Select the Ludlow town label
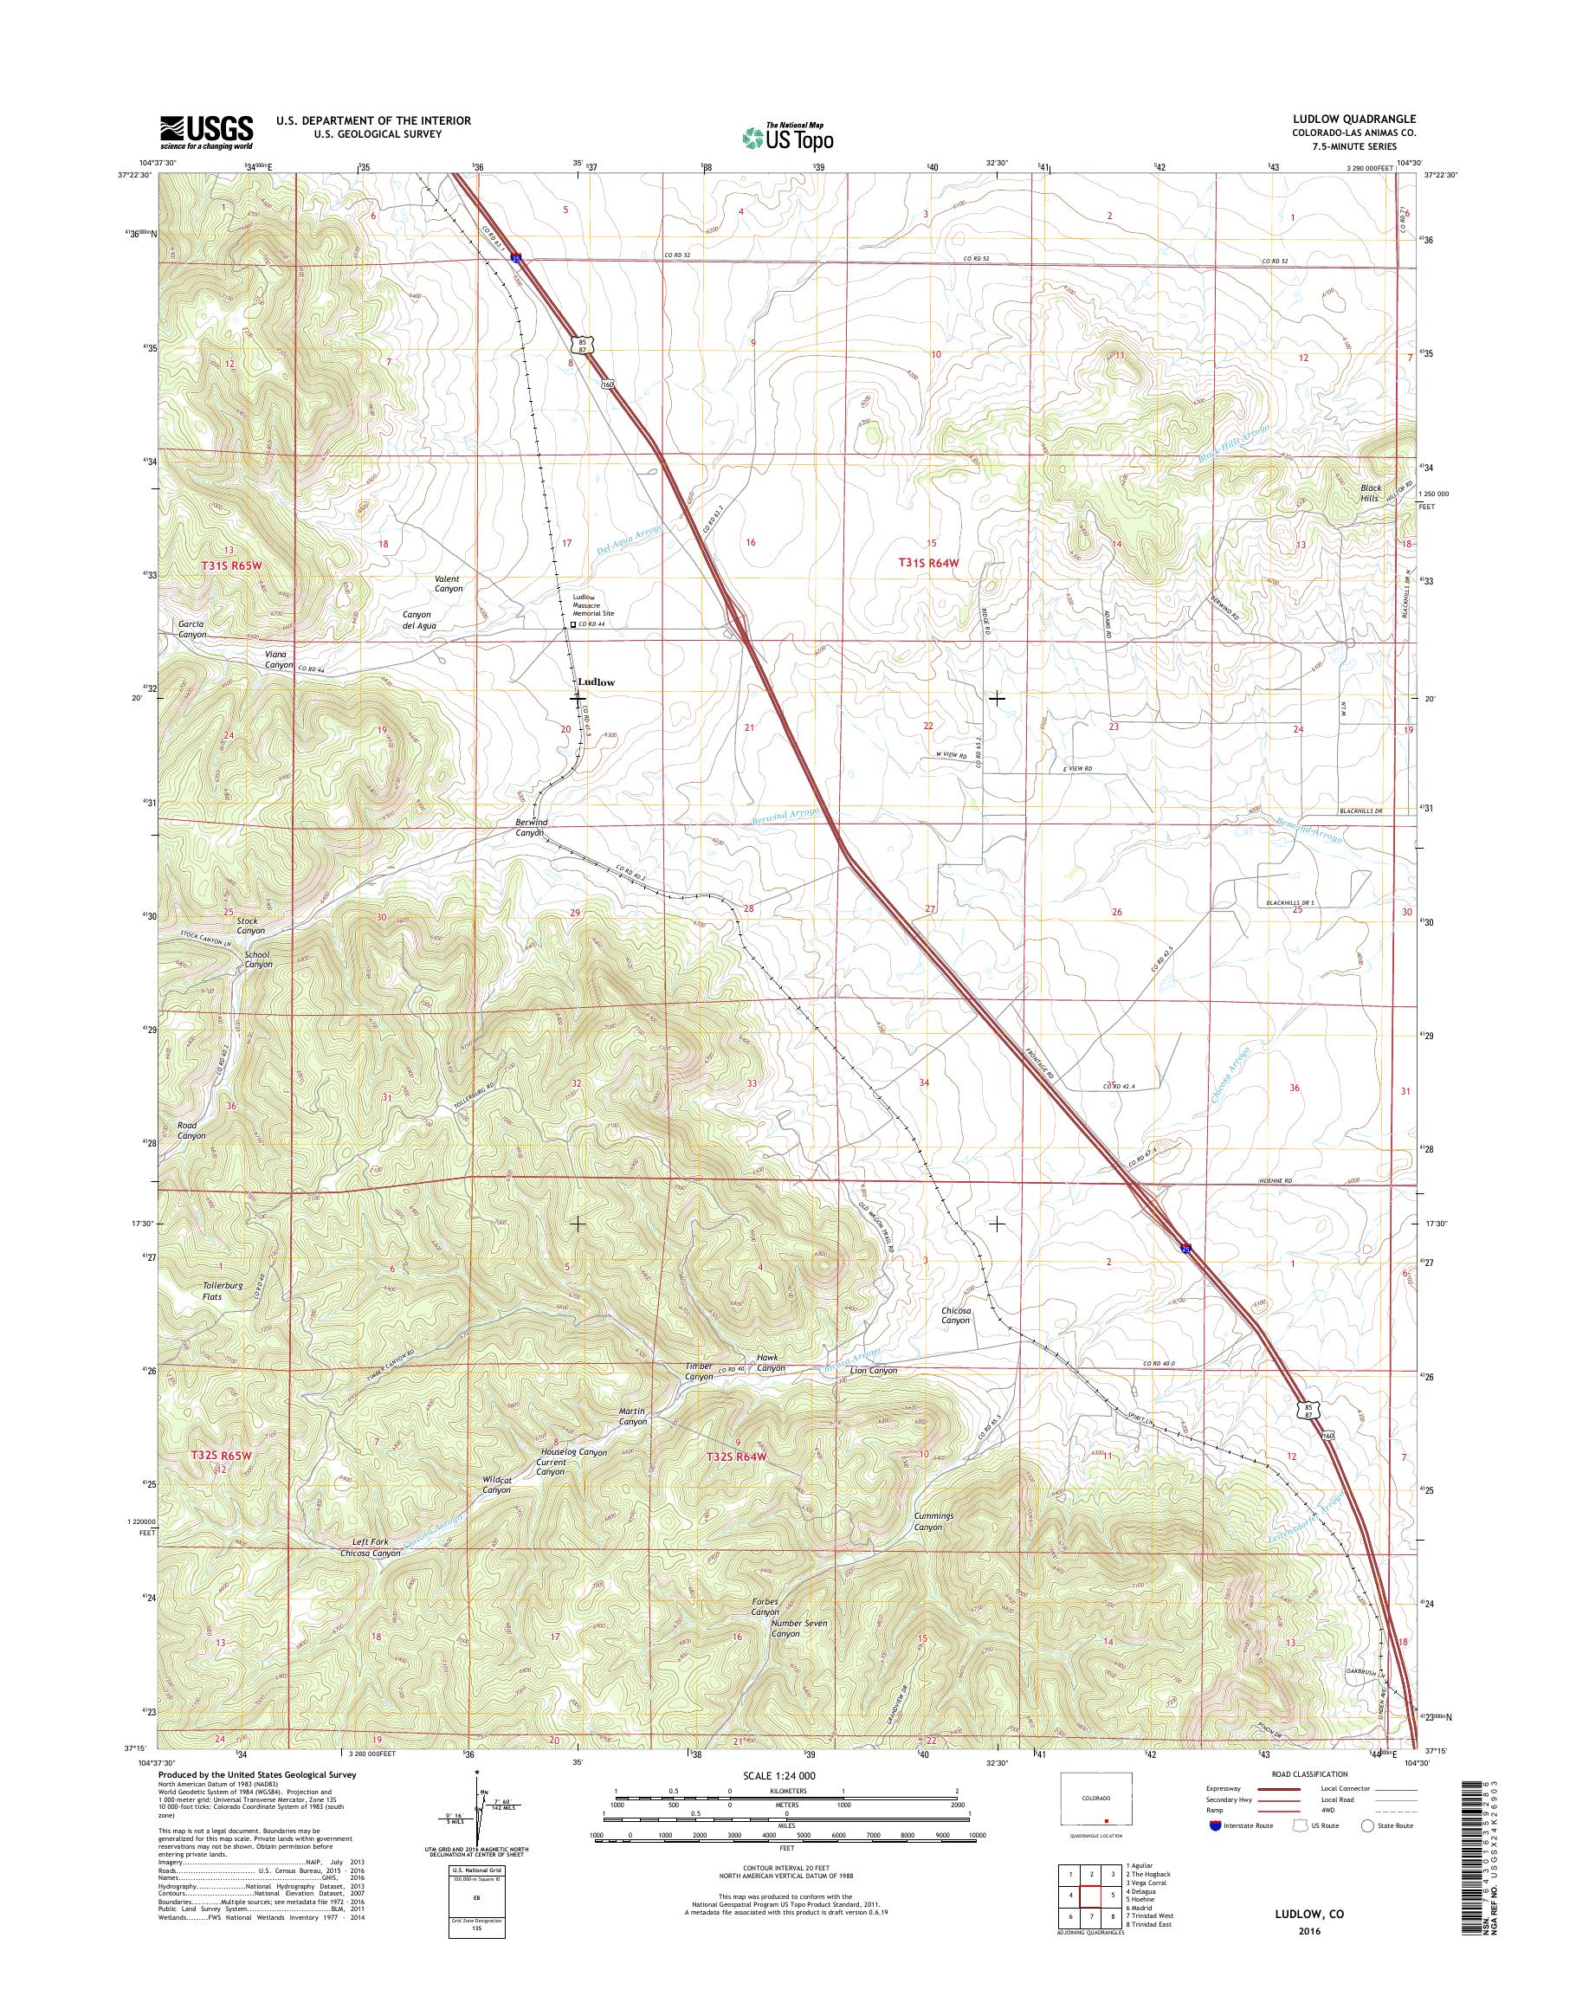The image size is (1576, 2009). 595,682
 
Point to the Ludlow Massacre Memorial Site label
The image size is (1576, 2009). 592,605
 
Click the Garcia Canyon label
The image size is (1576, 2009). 192,630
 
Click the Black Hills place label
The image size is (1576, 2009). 1370,493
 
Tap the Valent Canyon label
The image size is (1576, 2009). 449,584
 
